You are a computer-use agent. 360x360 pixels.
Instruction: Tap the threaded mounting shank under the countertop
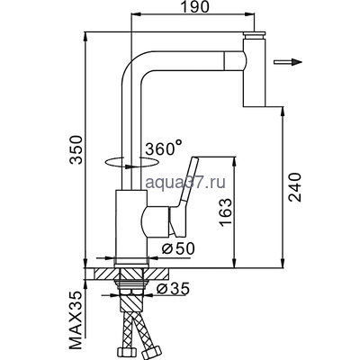(x=132, y=288)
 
